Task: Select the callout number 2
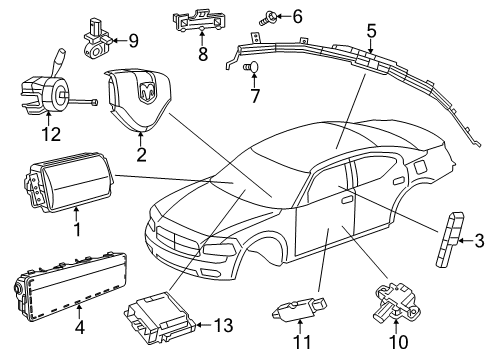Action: pos(141,154)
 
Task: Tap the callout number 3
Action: pos(480,240)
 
